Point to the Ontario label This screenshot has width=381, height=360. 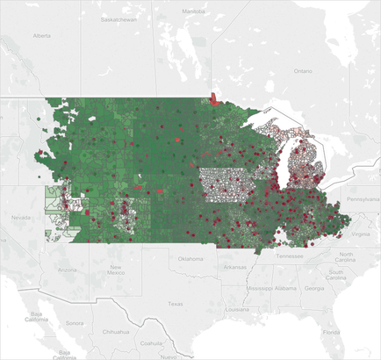[x=302, y=70]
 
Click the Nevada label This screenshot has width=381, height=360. [x=24, y=216]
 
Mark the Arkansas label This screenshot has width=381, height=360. [x=234, y=267]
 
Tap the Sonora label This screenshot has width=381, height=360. [x=74, y=322]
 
